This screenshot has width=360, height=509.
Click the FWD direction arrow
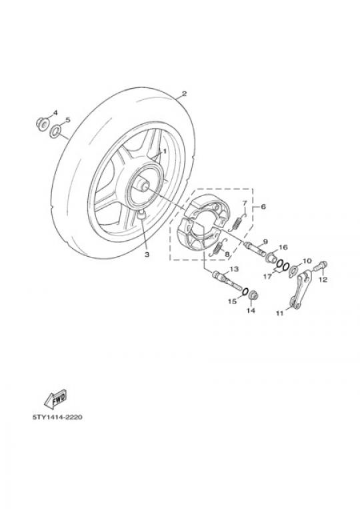coord(55,398)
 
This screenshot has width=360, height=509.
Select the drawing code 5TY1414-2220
coord(57,417)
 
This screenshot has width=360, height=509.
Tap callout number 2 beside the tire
coord(184,93)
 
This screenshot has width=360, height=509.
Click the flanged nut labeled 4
coord(42,124)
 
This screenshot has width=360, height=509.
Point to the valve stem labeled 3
coord(141,215)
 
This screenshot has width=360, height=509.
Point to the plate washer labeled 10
coord(293,270)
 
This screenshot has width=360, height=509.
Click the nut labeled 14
coord(253,296)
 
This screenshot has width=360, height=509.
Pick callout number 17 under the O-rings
coord(267,277)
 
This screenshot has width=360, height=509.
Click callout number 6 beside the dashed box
coord(263,206)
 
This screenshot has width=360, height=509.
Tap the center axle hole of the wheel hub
coord(145,186)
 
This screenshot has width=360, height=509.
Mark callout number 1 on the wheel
coord(165,151)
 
